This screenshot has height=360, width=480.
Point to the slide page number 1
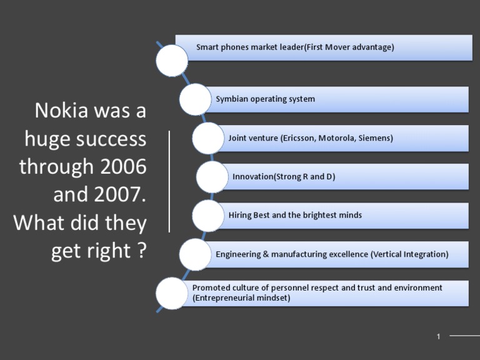pyautogui.click(x=439, y=337)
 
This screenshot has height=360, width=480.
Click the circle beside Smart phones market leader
pyautogui.click(x=171, y=61)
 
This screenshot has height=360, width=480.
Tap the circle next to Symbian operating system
pyautogui.click(x=195, y=99)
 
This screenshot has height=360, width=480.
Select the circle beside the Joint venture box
pyautogui.click(x=208, y=138)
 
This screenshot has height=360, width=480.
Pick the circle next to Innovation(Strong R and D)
pyautogui.click(x=212, y=177)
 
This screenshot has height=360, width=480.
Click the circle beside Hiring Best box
pyautogui.click(x=208, y=216)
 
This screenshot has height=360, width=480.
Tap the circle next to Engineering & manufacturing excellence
pyautogui.click(x=195, y=254)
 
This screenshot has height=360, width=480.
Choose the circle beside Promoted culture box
pyautogui.click(x=171, y=293)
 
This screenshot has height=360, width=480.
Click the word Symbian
pyautogui.click(x=232, y=99)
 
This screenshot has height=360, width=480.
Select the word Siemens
pyautogui.click(x=375, y=138)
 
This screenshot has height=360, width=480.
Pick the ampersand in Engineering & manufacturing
pyautogui.click(x=263, y=254)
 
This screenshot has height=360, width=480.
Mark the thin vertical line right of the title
pyautogui.click(x=169, y=181)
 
